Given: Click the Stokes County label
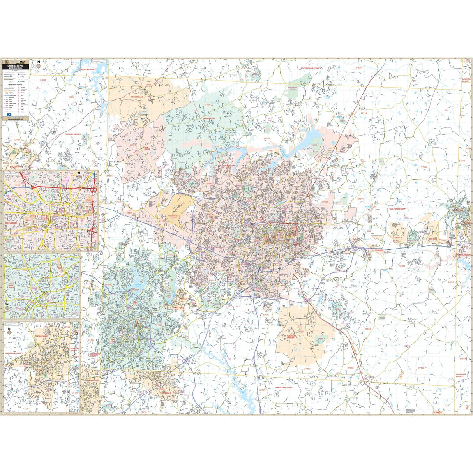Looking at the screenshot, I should (88, 69).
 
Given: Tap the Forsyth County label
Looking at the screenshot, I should (73, 134).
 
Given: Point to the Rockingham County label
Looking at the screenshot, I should (311, 68).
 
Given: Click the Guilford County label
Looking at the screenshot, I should (397, 209).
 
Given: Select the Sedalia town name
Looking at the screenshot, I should (398, 237).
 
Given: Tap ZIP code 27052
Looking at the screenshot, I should (43, 80).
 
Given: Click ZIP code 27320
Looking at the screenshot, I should (358, 67).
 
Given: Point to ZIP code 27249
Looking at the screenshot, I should (424, 167).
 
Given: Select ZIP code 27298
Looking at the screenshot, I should (421, 368).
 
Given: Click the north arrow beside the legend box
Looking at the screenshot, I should (38, 65).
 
